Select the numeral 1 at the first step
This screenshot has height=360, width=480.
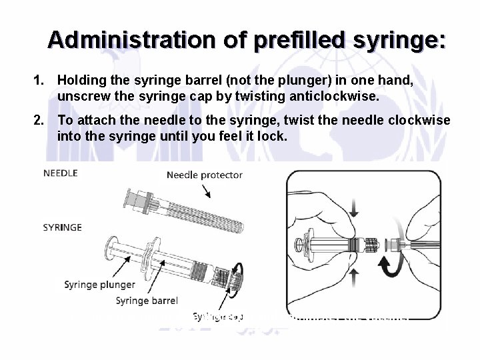coord(39,80)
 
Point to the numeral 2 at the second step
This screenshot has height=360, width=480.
coord(39,120)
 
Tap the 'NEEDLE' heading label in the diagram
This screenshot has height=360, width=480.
coord(61,173)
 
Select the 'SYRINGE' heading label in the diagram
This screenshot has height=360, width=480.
coord(63,227)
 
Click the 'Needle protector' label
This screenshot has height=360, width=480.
coord(204,175)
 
